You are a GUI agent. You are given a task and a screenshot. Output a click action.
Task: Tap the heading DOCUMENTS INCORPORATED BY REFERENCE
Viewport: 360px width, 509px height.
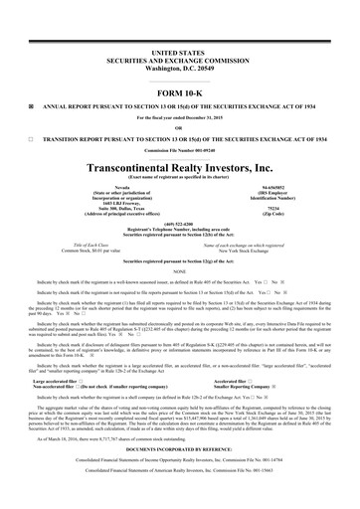180,462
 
